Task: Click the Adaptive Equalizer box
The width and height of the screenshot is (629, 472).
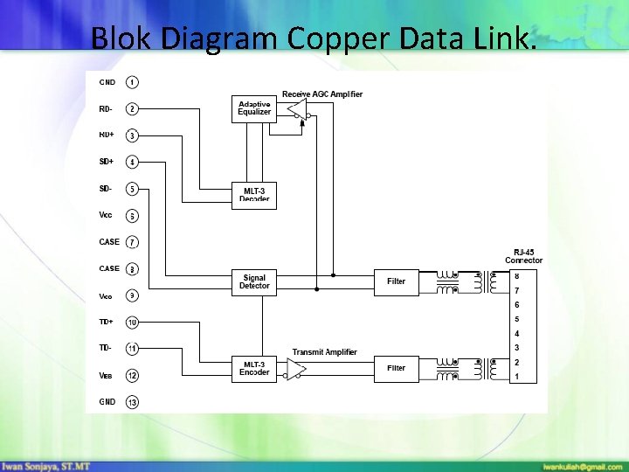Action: pyautogui.click(x=254, y=108)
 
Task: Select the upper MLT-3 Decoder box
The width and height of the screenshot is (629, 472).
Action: pyautogui.click(x=254, y=193)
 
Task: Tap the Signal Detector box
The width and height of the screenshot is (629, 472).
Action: pyautogui.click(x=254, y=282)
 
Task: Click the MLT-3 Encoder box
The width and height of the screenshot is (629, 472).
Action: pyautogui.click(x=254, y=368)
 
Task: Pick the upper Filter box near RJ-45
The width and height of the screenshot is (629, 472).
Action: pyautogui.click(x=396, y=281)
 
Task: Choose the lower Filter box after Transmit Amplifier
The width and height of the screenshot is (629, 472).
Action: pyautogui.click(x=396, y=368)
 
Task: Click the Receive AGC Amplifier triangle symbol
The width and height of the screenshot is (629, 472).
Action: pyautogui.click(x=298, y=109)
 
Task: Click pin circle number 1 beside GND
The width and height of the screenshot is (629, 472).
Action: pyautogui.click(x=131, y=82)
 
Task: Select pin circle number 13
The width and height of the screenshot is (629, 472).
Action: pyautogui.click(x=132, y=402)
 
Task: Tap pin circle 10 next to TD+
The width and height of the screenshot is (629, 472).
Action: pyautogui.click(x=132, y=323)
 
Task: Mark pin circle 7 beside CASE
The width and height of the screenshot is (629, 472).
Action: pyautogui.click(x=132, y=242)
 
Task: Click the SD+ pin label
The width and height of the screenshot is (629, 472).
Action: pyautogui.click(x=107, y=162)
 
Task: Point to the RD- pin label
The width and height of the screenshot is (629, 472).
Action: pyautogui.click(x=106, y=109)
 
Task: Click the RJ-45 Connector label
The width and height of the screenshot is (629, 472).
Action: pyautogui.click(x=523, y=256)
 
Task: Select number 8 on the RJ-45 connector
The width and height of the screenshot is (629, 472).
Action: pyautogui.click(x=516, y=276)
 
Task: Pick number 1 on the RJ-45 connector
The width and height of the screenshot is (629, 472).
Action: pyautogui.click(x=516, y=377)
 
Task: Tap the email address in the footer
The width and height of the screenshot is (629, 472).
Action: pyautogui.click(x=582, y=465)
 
